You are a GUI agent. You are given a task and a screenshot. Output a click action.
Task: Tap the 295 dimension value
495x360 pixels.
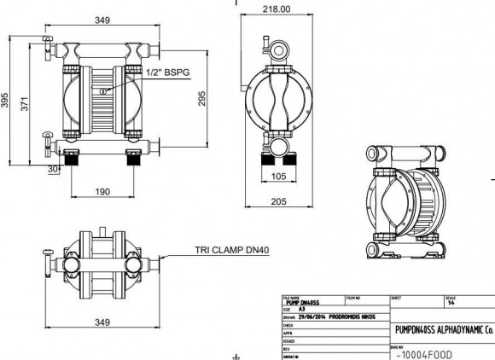(226, 101)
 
